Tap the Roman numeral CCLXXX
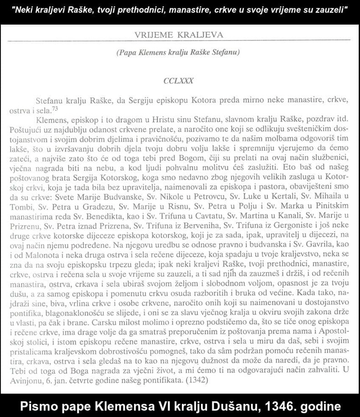178,81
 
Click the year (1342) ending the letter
197,379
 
